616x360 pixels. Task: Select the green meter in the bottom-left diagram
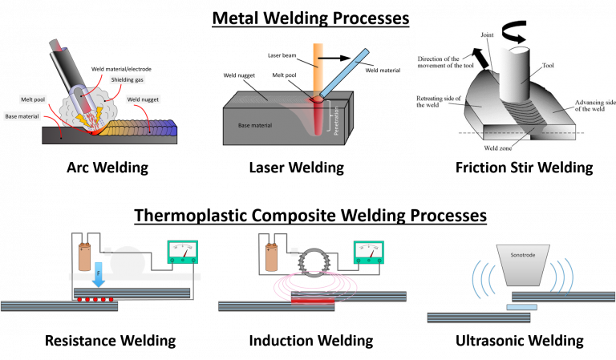182,252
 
